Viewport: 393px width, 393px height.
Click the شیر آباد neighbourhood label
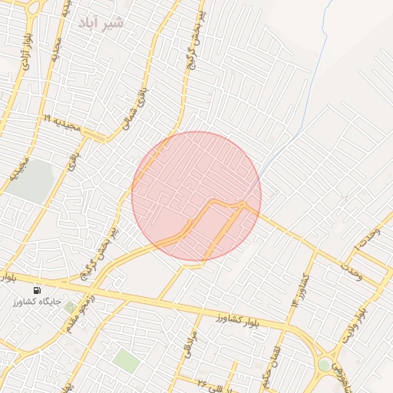click(x=106, y=23)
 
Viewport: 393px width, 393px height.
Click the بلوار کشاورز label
click(x=238, y=317)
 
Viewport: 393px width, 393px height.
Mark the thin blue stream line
click(x=307, y=92)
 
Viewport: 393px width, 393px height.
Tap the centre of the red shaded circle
click(x=196, y=196)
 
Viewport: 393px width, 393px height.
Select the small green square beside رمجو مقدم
click(x=70, y=307)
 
